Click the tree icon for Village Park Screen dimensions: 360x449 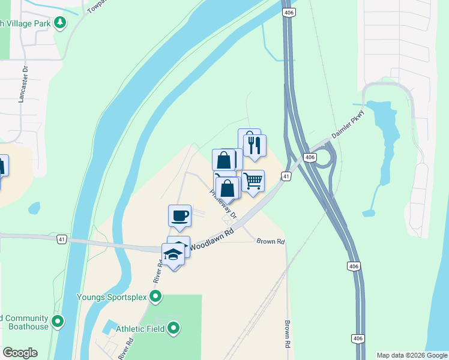click(59, 23)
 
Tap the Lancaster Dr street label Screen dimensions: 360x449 click(25, 85)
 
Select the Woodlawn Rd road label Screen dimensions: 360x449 click(212, 239)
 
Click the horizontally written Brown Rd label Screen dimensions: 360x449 click(270, 241)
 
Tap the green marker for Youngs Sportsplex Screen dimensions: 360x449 click(155, 296)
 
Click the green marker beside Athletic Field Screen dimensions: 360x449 click(173, 328)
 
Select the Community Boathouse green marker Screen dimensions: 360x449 click(58, 322)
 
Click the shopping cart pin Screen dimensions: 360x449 click(253, 181)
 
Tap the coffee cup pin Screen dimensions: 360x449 click(179, 215)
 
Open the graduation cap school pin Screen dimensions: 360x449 click(173, 254)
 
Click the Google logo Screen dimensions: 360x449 click(20, 353)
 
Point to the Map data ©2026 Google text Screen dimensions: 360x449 click(412, 355)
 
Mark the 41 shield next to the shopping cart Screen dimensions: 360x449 click(286, 176)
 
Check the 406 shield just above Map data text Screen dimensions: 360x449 click(358, 339)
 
